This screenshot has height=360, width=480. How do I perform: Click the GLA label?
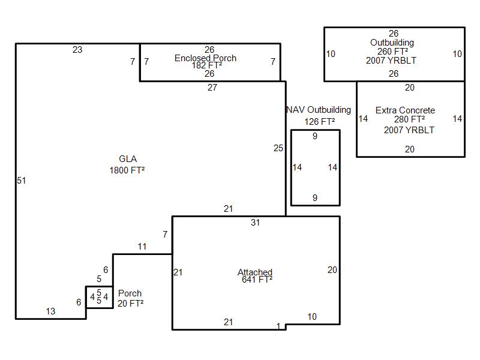pos(128,159)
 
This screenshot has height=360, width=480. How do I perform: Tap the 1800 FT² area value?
pos(127,170)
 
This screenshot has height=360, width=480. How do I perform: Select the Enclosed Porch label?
pos(205,58)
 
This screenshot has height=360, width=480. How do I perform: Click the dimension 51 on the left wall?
pos(21,181)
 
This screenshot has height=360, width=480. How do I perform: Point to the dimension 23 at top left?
pos(77,50)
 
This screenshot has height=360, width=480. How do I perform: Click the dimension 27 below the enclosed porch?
pos(212,88)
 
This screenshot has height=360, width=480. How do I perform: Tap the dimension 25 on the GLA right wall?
pos(278,148)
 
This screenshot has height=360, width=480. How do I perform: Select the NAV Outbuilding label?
pos(319,110)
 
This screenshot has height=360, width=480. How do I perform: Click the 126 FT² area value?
pos(320,122)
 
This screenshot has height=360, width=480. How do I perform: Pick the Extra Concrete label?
pos(406,110)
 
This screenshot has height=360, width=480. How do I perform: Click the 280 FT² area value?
pos(410,119)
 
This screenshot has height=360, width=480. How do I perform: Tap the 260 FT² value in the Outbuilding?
pos(393,52)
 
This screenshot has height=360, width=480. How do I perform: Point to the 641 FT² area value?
pos(257,280)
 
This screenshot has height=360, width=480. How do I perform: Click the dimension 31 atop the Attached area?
pos(256,223)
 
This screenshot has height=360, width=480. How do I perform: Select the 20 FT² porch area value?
pos(131,304)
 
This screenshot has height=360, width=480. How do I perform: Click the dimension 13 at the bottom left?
pos(51,311)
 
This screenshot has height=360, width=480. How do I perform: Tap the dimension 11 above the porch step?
pos(142,247)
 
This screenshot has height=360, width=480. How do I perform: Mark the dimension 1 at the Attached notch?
pos(278,326)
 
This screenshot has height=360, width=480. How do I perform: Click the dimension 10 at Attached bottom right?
pos(312,317)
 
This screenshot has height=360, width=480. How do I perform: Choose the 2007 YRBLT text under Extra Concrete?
pos(409,130)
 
